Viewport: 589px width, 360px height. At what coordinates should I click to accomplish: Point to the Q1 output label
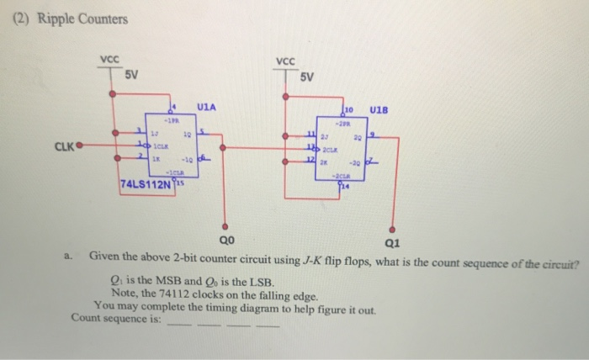392,244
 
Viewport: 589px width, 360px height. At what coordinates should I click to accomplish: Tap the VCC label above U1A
110,60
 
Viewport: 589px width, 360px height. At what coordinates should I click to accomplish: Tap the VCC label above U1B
285,61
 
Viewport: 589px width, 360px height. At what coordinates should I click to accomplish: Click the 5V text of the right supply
306,77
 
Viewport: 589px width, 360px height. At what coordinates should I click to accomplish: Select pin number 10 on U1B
348,109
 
